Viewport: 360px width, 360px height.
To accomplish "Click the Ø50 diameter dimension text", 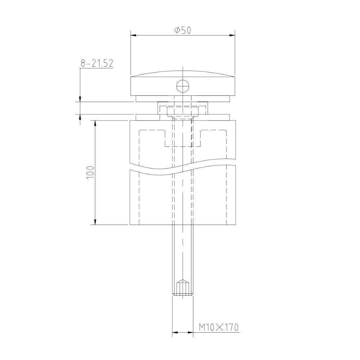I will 182,30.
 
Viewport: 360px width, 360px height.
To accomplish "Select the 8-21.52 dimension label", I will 97,63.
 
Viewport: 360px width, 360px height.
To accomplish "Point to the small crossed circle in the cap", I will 182,86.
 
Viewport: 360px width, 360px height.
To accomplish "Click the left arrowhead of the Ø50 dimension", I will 133,35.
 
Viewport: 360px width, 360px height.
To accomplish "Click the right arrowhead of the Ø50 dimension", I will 232,35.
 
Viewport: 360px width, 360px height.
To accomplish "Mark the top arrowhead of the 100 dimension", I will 95,123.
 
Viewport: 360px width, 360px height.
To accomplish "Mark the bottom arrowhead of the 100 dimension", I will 95,222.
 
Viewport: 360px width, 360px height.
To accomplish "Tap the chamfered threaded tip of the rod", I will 183,288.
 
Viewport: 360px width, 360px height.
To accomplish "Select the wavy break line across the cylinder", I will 183,167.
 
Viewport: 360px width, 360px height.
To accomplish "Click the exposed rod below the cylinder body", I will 183,252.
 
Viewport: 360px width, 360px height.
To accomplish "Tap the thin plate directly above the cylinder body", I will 183,118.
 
